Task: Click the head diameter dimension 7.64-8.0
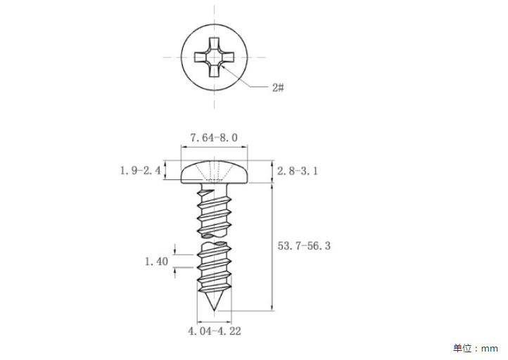(214, 138)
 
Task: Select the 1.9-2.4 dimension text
(140, 170)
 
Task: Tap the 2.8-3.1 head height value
(298, 171)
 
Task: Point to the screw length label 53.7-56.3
(304, 245)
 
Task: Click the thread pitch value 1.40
(156, 262)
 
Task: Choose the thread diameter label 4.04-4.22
(215, 331)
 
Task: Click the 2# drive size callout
(278, 87)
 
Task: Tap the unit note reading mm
(490, 349)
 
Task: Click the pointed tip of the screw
(214, 311)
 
